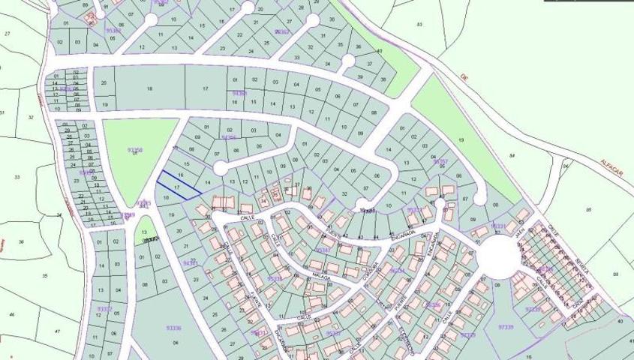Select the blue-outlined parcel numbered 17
click(179, 186)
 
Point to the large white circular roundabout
click(498, 256)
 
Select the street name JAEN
click(518, 234)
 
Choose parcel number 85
click(590, 208)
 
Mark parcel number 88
click(616, 274)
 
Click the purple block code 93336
click(173, 328)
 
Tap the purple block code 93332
click(104, 308)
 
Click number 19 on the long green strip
click(461, 140)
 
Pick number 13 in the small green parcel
click(144, 232)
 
